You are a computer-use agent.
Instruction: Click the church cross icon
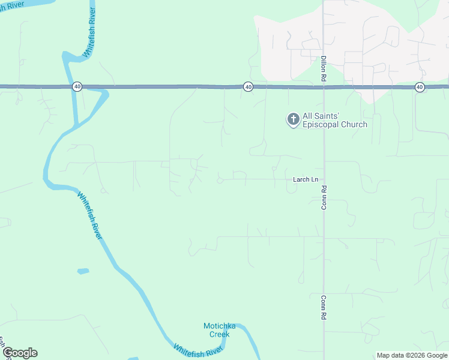click(293, 120)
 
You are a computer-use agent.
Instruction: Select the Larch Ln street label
click(306, 179)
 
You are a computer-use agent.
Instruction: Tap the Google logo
click(20, 353)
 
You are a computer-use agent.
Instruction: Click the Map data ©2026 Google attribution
click(412, 355)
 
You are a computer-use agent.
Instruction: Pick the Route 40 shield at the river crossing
click(77, 87)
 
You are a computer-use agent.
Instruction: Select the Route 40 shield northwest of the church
click(248, 87)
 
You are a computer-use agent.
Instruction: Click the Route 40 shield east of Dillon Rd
click(420, 87)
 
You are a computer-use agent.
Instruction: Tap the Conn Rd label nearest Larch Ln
click(324, 197)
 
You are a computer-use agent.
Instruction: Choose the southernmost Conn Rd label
click(324, 307)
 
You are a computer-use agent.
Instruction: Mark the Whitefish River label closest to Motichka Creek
click(199, 349)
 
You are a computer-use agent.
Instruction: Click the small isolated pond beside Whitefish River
click(83, 271)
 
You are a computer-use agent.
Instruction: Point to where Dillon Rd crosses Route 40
click(324, 87)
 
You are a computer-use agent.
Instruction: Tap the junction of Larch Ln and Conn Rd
click(324, 179)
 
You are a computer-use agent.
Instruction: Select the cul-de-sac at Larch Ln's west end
click(220, 179)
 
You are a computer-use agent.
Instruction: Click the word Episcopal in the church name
click(327, 125)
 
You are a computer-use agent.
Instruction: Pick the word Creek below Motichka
click(219, 334)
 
